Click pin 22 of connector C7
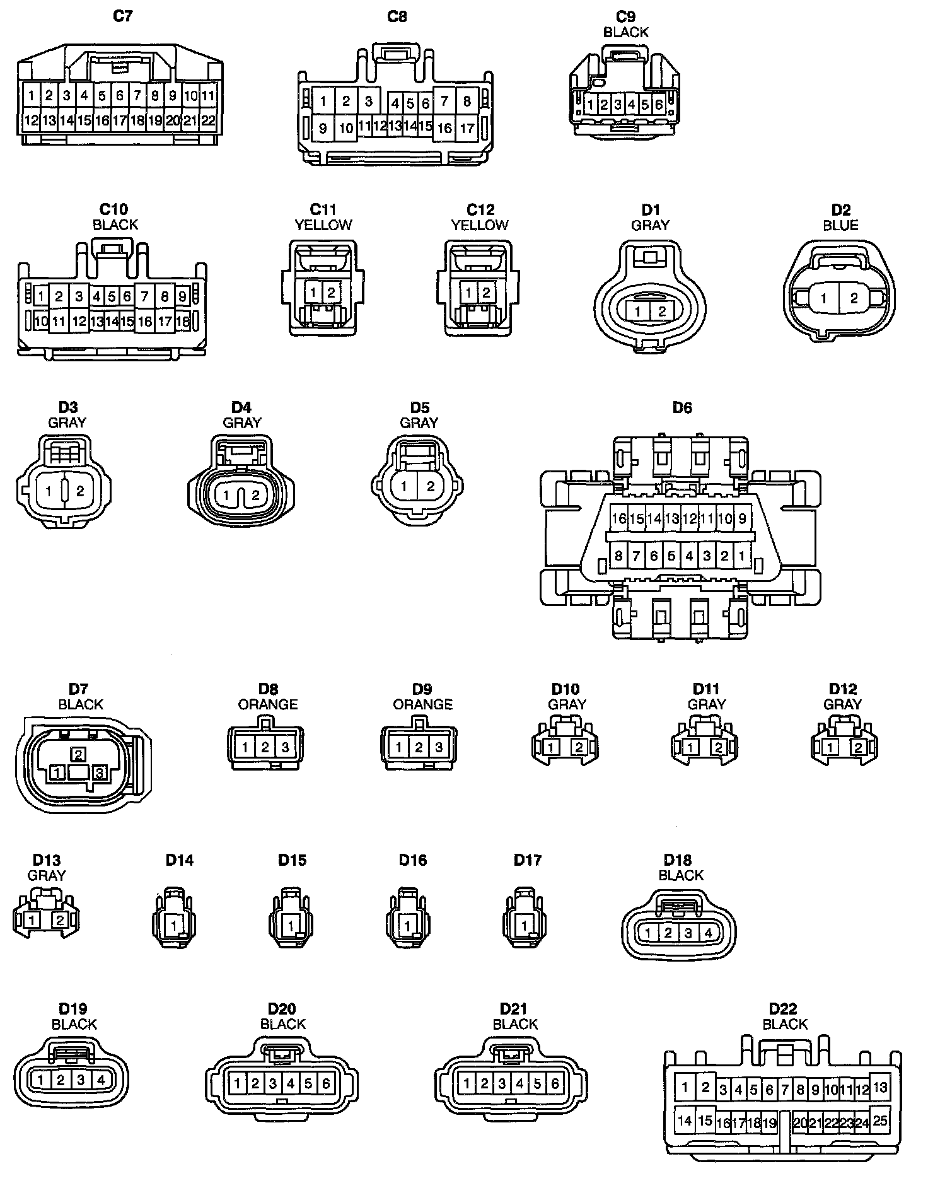point(208,120)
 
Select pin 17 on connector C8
point(467,128)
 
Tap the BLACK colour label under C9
point(625,32)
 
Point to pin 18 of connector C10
point(183,322)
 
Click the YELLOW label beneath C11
point(323,224)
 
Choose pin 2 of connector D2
point(854,298)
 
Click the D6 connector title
point(682,408)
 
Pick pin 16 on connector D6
point(618,518)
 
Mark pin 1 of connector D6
point(742,556)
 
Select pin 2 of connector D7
point(79,754)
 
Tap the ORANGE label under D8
point(268,704)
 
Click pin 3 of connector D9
point(439,748)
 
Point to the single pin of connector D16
point(408,926)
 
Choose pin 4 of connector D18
point(709,933)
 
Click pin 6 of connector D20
point(326,1084)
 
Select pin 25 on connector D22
point(880,1120)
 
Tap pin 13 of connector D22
point(880,1087)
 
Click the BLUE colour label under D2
point(840,225)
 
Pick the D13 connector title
point(47,860)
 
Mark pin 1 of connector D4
point(226,496)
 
